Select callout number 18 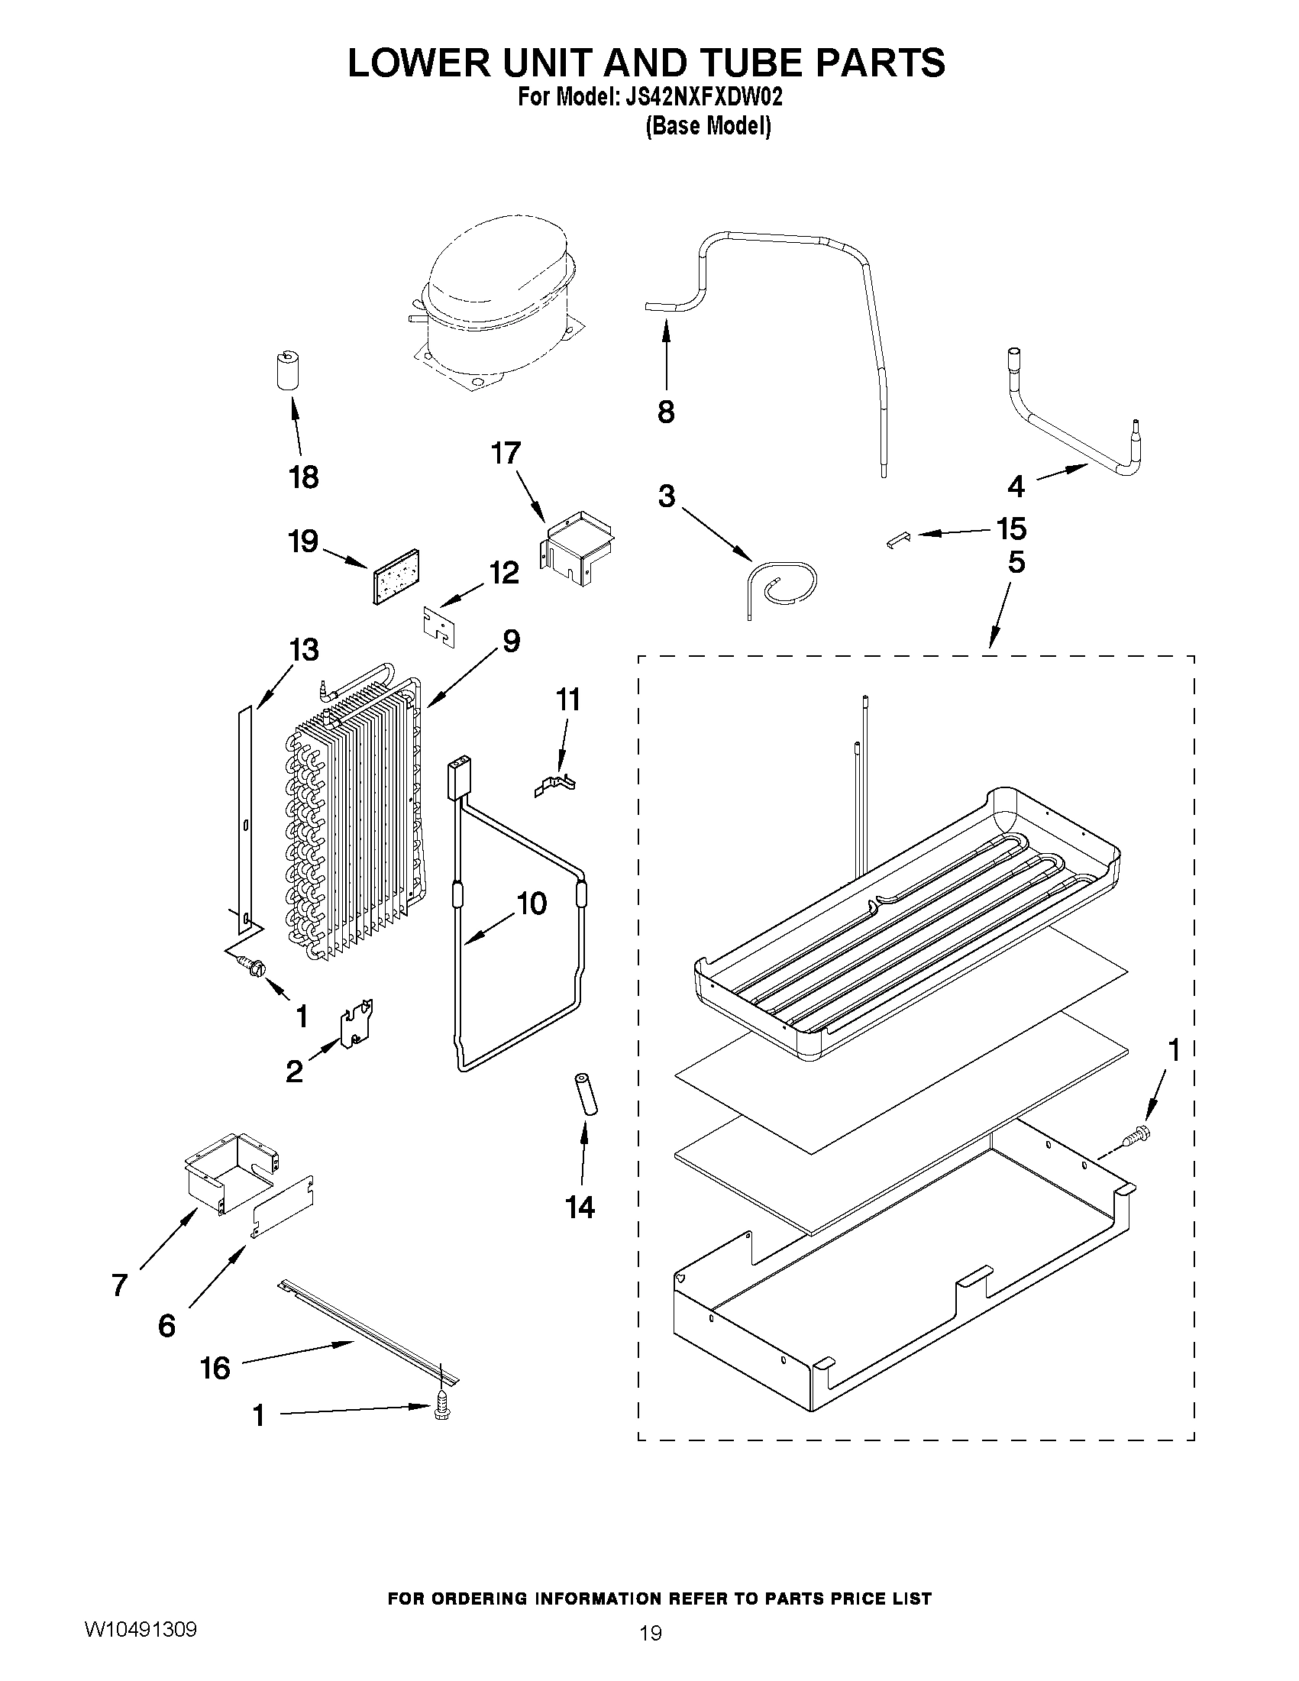304,477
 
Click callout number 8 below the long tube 666,412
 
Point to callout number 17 506,454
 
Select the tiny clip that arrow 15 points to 897,541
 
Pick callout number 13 304,651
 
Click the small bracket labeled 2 357,1023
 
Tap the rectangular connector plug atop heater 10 459,779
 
